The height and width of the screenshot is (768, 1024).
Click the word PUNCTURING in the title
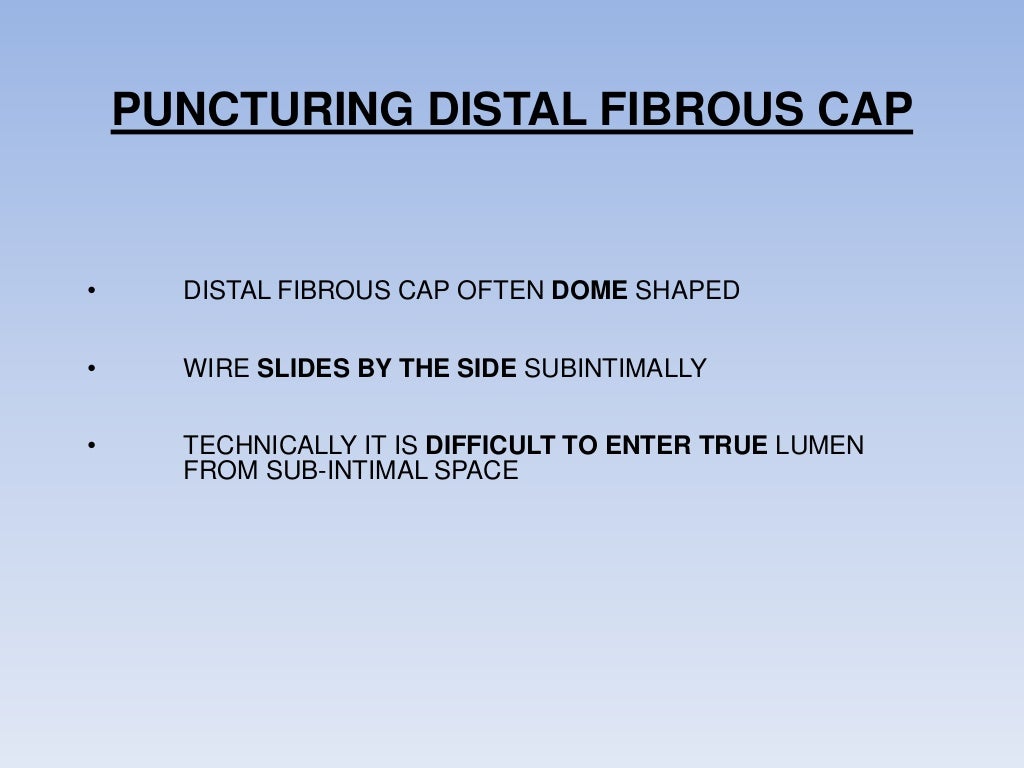click(262, 110)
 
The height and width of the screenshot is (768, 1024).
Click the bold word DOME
click(590, 291)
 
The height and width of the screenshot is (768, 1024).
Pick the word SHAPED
click(688, 291)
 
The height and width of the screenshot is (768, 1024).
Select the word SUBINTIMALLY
click(616, 368)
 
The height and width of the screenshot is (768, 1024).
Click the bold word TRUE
click(733, 446)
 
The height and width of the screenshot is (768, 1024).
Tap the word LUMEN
click(820, 446)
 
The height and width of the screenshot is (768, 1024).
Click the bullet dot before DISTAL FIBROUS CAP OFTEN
click(90, 292)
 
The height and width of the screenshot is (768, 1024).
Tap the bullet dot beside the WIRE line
click(90, 369)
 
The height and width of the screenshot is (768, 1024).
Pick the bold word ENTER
click(647, 446)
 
